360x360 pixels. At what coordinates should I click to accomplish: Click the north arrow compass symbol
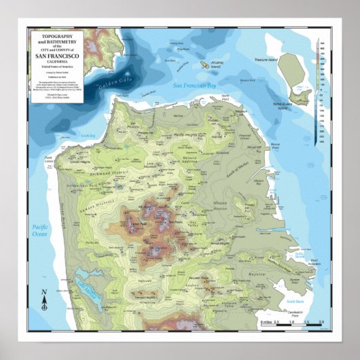click(x=43, y=300)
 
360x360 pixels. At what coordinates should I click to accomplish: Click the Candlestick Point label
click(x=293, y=314)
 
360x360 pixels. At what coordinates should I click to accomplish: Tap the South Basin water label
click(x=294, y=302)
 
